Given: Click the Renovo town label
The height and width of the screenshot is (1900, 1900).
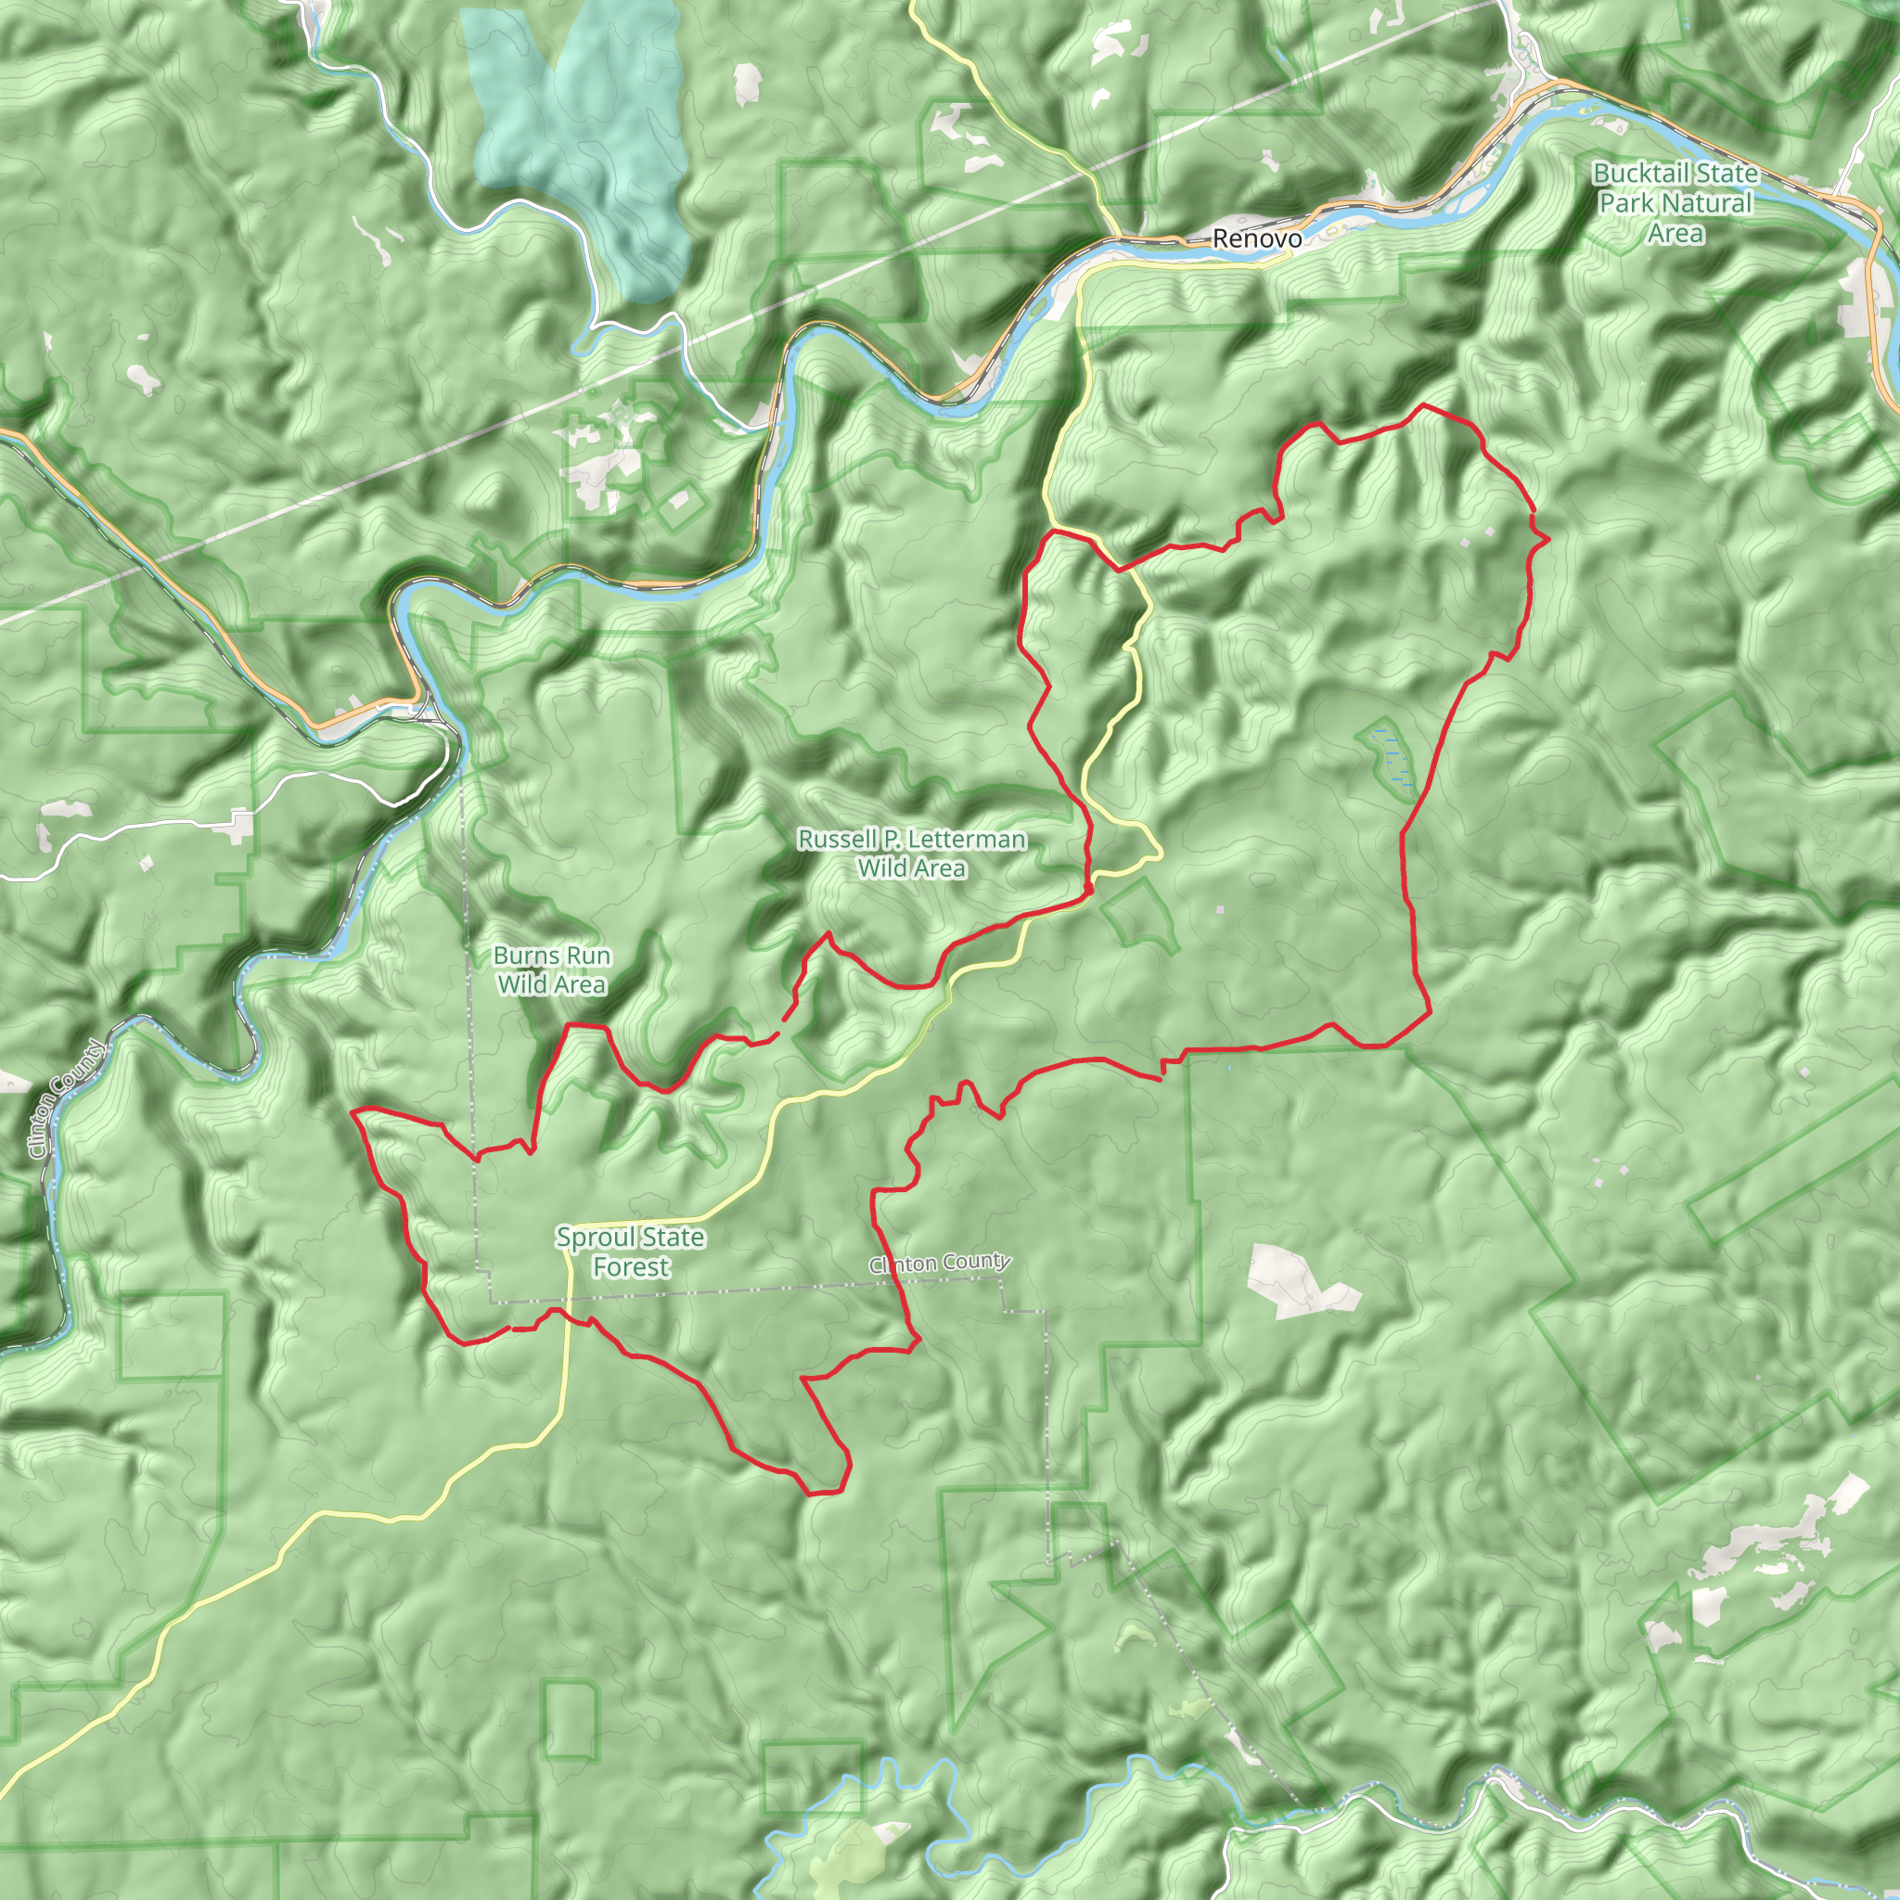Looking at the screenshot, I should [x=1256, y=239].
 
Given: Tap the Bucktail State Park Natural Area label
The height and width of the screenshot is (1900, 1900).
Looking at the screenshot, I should [x=1675, y=203].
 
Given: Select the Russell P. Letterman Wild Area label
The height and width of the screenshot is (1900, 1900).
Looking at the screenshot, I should [x=912, y=854].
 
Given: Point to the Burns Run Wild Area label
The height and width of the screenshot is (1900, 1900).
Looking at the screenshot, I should [x=552, y=969].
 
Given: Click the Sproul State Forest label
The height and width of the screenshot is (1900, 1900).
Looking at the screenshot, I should [x=630, y=1252].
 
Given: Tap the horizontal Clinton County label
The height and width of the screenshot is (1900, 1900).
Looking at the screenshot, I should [x=939, y=1263].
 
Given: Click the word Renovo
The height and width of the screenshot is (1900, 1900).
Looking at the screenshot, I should [x=1256, y=239].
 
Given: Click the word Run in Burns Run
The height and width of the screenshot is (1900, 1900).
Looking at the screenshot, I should [x=588, y=956].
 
